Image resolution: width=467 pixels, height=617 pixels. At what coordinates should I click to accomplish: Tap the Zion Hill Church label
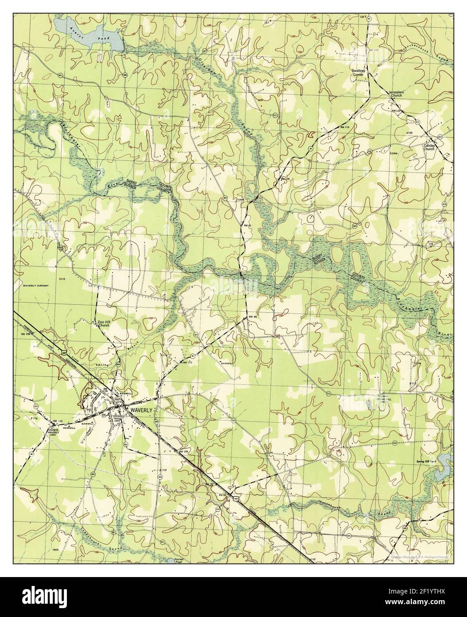coord(104,324)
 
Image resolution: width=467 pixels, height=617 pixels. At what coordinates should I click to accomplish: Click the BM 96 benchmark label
coord(253,316)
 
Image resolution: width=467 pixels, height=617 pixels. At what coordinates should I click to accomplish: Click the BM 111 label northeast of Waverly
coord(187,363)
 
